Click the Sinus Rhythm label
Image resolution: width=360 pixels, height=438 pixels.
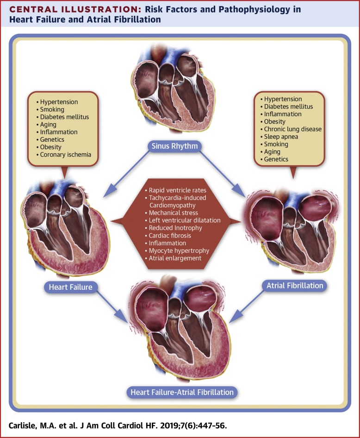pos(174,146)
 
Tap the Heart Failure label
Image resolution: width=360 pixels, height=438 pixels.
pos(71,287)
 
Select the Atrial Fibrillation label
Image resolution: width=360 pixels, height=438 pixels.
pos(295,286)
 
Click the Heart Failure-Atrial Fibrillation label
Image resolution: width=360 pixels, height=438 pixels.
pos(182,392)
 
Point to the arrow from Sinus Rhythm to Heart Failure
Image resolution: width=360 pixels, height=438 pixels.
pos(126,174)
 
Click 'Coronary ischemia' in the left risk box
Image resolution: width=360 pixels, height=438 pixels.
pos(66,155)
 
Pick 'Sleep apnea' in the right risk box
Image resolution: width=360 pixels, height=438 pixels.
pos(281,137)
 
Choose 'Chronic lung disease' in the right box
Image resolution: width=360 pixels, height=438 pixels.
pos(293,129)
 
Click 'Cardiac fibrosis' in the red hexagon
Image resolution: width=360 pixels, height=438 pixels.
pos(170,236)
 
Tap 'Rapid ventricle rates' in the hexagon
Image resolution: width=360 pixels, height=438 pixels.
pos(177,190)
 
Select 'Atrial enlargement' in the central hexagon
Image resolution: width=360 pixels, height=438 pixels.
pos(175,258)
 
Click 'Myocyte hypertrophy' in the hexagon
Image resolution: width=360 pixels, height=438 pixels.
pos(179,250)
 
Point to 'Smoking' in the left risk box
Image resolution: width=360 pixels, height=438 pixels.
pos(52,109)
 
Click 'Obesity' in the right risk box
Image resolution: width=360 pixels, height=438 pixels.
pos(274,121)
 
